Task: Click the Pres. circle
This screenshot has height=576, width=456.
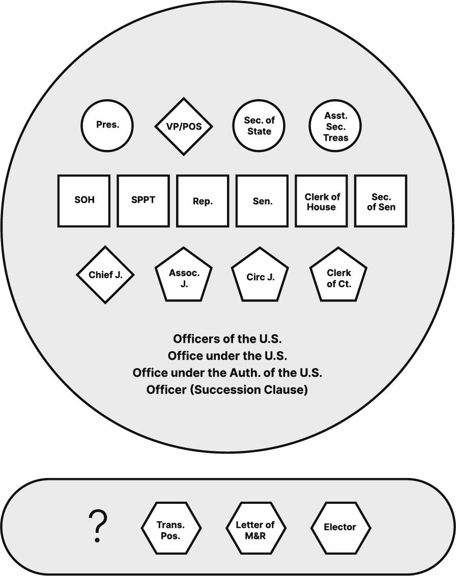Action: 107,125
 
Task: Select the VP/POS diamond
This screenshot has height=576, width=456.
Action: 184,126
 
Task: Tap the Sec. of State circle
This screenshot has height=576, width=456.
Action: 259,126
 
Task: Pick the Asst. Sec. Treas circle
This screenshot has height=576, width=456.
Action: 335,126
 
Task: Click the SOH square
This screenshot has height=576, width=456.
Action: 84,200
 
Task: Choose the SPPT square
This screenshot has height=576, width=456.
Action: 143,200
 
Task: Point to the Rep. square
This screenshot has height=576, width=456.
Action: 203,200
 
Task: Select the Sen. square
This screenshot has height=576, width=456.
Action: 262,200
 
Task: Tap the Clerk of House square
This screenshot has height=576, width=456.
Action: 321,200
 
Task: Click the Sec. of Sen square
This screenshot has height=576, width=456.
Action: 381,200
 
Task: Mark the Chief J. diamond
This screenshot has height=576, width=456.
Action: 105,275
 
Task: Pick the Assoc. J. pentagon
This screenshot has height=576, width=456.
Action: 184,276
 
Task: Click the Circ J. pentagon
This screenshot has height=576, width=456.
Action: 260,276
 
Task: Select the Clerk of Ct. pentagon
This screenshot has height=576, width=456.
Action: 338,276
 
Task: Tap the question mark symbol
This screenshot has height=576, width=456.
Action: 98,527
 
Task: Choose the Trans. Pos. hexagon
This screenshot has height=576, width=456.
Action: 171,528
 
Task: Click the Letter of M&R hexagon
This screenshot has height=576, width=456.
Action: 255,528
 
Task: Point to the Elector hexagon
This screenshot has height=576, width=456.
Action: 340,528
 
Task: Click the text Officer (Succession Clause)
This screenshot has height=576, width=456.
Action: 227,390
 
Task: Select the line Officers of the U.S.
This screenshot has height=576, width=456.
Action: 227,339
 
